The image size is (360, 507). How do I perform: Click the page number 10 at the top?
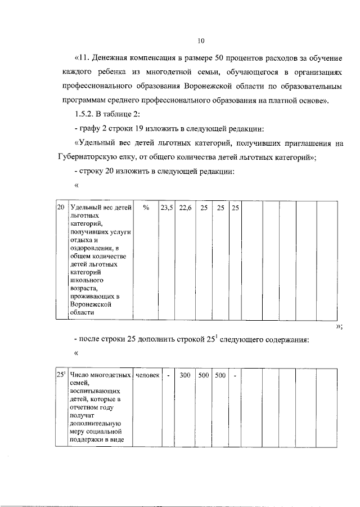(201, 41)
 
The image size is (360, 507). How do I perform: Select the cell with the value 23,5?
(166, 208)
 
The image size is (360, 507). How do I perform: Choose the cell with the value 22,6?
(185, 208)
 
